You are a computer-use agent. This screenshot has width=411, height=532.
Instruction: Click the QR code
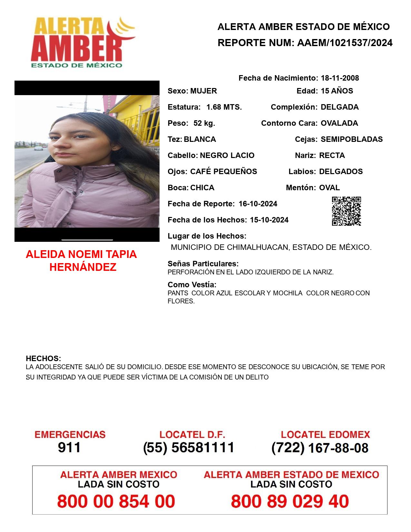pos(346,211)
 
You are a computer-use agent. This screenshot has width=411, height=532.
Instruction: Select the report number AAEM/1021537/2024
pos(345,43)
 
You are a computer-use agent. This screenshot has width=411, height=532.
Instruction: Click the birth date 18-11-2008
pos(340,78)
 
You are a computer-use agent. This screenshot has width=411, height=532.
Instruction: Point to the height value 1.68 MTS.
pos(224,107)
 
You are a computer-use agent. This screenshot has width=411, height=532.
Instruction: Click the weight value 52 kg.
pos(204,123)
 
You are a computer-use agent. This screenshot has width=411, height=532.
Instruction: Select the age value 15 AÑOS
pos(337,91)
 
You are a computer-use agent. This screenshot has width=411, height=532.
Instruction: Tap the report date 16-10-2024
pos(258,204)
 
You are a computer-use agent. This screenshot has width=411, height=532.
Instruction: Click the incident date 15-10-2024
pos(269,220)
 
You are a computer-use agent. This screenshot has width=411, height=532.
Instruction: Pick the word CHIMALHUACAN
pos(258,248)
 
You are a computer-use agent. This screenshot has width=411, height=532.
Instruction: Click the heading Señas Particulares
pos(203,264)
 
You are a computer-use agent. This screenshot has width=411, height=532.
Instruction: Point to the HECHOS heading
pos(43,359)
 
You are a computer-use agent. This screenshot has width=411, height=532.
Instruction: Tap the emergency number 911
pos(69,448)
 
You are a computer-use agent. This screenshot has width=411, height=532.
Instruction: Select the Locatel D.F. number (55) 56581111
pos(189,448)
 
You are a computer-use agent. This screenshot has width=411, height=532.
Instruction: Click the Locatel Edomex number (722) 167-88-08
pos(320,448)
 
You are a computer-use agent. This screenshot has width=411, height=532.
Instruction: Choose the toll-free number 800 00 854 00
pos(116,501)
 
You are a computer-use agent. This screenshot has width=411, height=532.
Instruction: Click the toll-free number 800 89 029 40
pos(290,501)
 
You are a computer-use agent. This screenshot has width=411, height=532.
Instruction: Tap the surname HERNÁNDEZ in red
pos(83,267)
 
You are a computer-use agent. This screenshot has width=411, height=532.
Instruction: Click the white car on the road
pos(38,148)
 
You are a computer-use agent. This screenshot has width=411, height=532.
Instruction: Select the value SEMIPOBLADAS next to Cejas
pos(352,139)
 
